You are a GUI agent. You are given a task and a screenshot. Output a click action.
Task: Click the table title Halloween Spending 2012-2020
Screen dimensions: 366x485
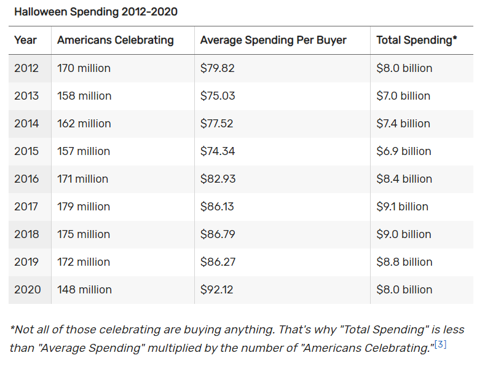coord(96,12)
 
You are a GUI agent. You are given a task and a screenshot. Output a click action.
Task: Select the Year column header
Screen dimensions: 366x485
coord(26,40)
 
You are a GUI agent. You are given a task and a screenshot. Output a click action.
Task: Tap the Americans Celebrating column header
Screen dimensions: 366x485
coord(116,40)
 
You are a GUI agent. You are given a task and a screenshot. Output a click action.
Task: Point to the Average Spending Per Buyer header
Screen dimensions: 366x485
coord(274,40)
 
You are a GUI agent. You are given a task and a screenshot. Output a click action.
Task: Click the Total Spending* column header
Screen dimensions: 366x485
coord(416,40)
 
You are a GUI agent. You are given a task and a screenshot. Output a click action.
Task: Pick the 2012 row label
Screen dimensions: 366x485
coord(26,68)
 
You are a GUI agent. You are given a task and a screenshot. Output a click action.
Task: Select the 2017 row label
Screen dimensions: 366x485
coord(26,207)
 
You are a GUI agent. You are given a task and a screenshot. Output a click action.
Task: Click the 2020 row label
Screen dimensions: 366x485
coord(27,290)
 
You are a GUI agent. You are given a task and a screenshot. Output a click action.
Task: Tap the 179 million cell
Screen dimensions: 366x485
coord(84,207)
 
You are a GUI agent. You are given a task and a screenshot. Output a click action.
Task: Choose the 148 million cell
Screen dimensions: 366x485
coord(84,290)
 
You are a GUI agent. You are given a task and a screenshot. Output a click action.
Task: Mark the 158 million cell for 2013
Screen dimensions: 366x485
coord(84,96)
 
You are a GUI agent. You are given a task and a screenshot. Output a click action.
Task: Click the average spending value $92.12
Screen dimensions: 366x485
coord(217,290)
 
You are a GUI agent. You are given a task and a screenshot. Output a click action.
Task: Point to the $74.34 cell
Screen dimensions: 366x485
coord(218,151)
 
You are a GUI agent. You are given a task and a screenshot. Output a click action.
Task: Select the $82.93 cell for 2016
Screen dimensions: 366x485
coord(218,179)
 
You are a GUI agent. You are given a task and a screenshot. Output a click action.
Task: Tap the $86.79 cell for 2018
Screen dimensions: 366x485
coord(218,234)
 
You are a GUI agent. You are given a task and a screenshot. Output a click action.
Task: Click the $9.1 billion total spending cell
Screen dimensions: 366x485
coord(402,207)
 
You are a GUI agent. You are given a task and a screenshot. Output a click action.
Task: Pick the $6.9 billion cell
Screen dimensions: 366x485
coord(403,151)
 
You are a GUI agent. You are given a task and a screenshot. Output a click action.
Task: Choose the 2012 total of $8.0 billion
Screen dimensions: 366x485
coord(404,68)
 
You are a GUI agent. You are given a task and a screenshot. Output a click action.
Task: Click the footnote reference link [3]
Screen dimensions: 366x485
coord(440,344)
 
